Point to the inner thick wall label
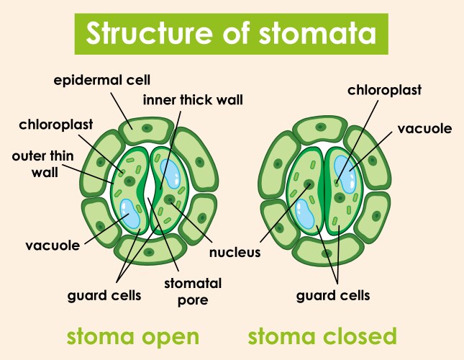193,99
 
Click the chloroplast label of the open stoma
55,125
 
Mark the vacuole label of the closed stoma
424,129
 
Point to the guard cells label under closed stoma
334,294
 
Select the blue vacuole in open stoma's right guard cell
171,173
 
